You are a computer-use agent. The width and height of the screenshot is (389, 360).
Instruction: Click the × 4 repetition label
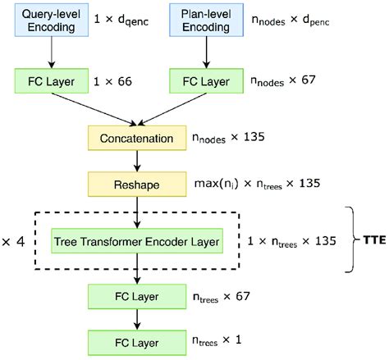[14, 242]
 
